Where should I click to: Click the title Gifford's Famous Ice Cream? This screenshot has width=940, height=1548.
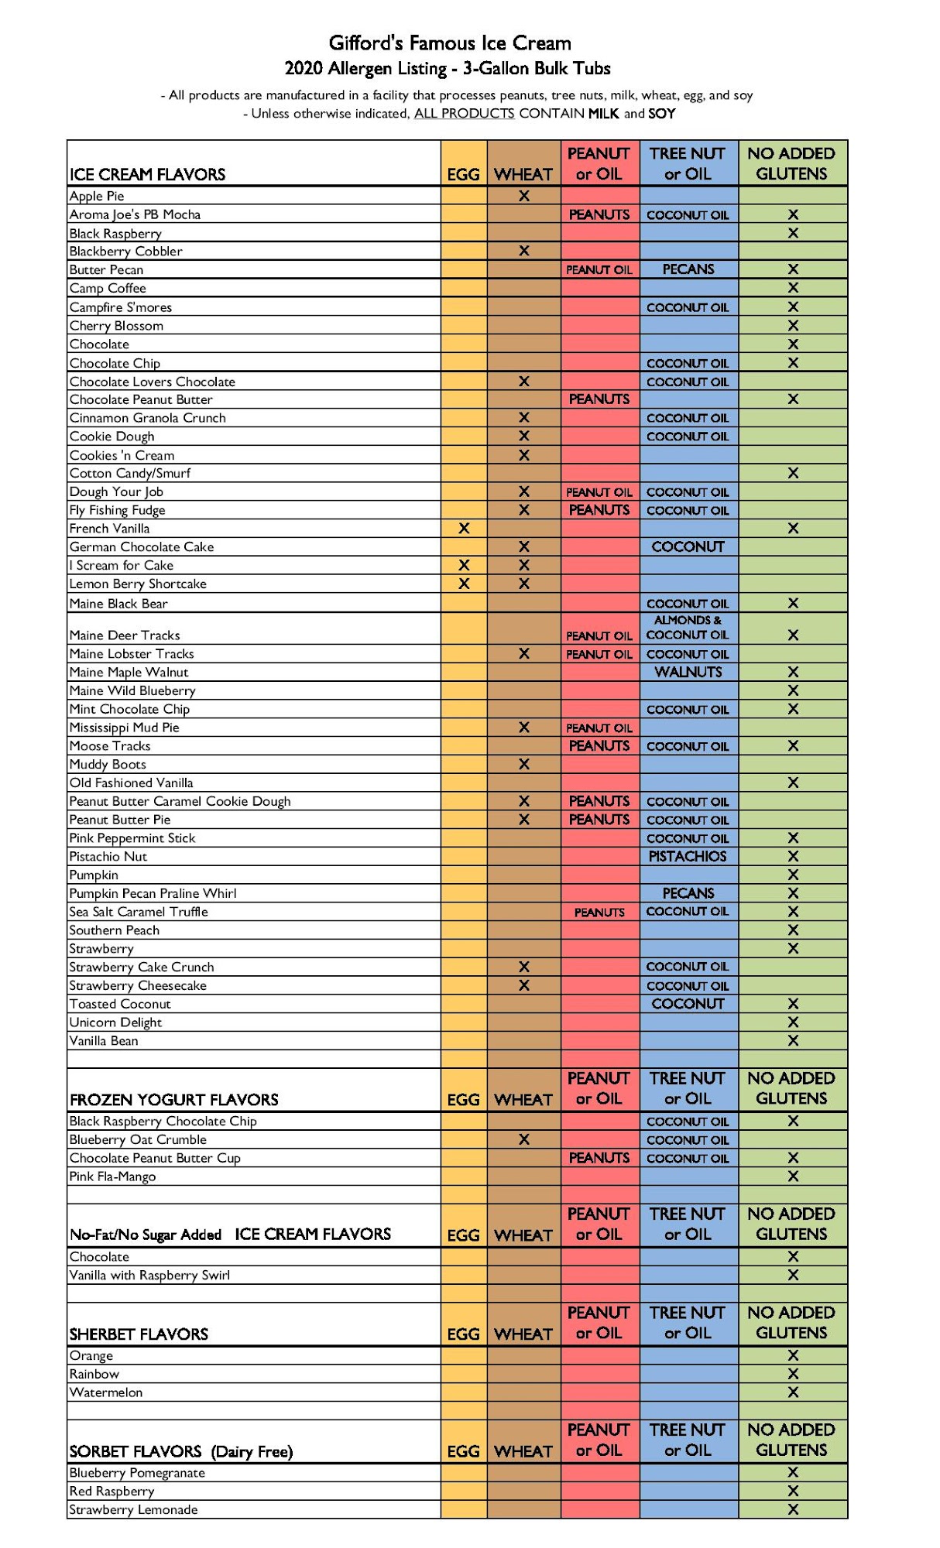click(450, 43)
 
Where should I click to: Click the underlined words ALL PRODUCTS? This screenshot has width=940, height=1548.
click(464, 114)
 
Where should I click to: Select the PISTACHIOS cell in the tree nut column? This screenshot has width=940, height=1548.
click(688, 857)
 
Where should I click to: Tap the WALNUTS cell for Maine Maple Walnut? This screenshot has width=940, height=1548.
click(688, 673)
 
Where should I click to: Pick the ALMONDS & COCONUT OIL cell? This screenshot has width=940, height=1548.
click(688, 628)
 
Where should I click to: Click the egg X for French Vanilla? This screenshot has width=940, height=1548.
click(464, 529)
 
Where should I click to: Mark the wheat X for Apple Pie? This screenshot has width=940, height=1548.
click(524, 197)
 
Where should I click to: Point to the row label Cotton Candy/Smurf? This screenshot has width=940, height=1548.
click(130, 473)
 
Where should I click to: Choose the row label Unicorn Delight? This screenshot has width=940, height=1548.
click(115, 1022)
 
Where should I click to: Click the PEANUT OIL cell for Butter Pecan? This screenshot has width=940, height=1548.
click(599, 270)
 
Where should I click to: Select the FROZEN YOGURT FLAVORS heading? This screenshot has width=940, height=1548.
click(174, 1100)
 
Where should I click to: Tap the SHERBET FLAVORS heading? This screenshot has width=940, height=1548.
click(139, 1334)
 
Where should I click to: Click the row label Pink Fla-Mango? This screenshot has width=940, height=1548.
click(113, 1176)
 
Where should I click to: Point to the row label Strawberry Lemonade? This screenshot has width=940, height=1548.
click(133, 1510)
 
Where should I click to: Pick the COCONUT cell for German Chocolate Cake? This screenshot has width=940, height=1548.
click(688, 547)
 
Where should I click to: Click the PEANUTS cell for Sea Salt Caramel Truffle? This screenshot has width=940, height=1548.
click(599, 913)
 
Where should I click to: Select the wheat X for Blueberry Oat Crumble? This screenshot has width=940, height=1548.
click(524, 1140)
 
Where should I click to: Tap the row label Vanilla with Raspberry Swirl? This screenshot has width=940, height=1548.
click(149, 1276)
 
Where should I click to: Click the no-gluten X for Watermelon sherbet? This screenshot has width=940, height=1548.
click(793, 1392)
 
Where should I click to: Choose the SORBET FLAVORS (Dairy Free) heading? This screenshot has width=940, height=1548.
click(181, 1452)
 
